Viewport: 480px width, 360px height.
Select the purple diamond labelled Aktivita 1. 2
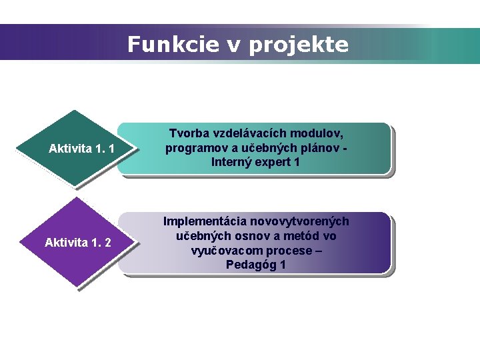[x=79, y=242]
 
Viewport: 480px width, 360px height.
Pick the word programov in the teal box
[x=196, y=148]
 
